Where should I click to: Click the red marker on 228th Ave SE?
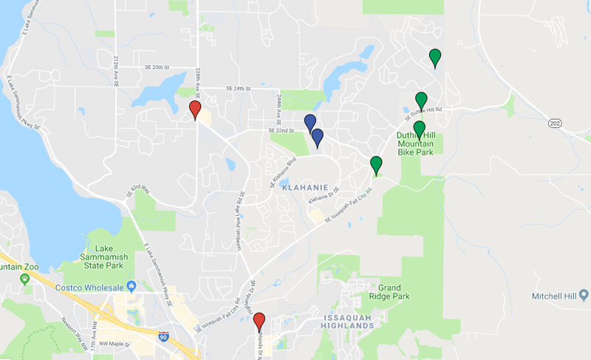click(195, 110)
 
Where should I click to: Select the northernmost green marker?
click(435, 57)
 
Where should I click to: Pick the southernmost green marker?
click(376, 165)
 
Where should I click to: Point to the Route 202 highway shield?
click(556, 123)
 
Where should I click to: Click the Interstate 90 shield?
click(163, 336)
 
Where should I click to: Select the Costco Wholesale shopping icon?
click(131, 285)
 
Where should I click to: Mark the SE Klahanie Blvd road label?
click(282, 171)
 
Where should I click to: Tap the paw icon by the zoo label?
click(25, 278)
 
